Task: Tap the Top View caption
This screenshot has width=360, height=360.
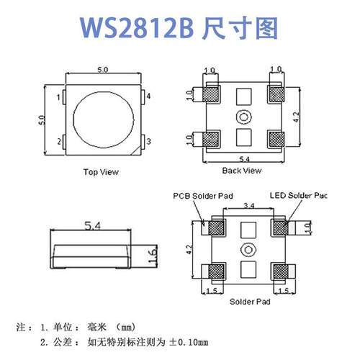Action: [101, 172]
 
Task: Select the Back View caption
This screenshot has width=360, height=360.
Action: [241, 171]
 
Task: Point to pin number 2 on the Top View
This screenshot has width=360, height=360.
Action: [58, 142]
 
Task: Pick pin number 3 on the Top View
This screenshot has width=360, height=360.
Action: [148, 142]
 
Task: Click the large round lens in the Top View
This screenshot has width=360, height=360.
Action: [103, 117]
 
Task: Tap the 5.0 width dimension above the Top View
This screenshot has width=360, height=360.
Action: [102, 70]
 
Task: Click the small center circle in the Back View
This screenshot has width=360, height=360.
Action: [244, 117]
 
